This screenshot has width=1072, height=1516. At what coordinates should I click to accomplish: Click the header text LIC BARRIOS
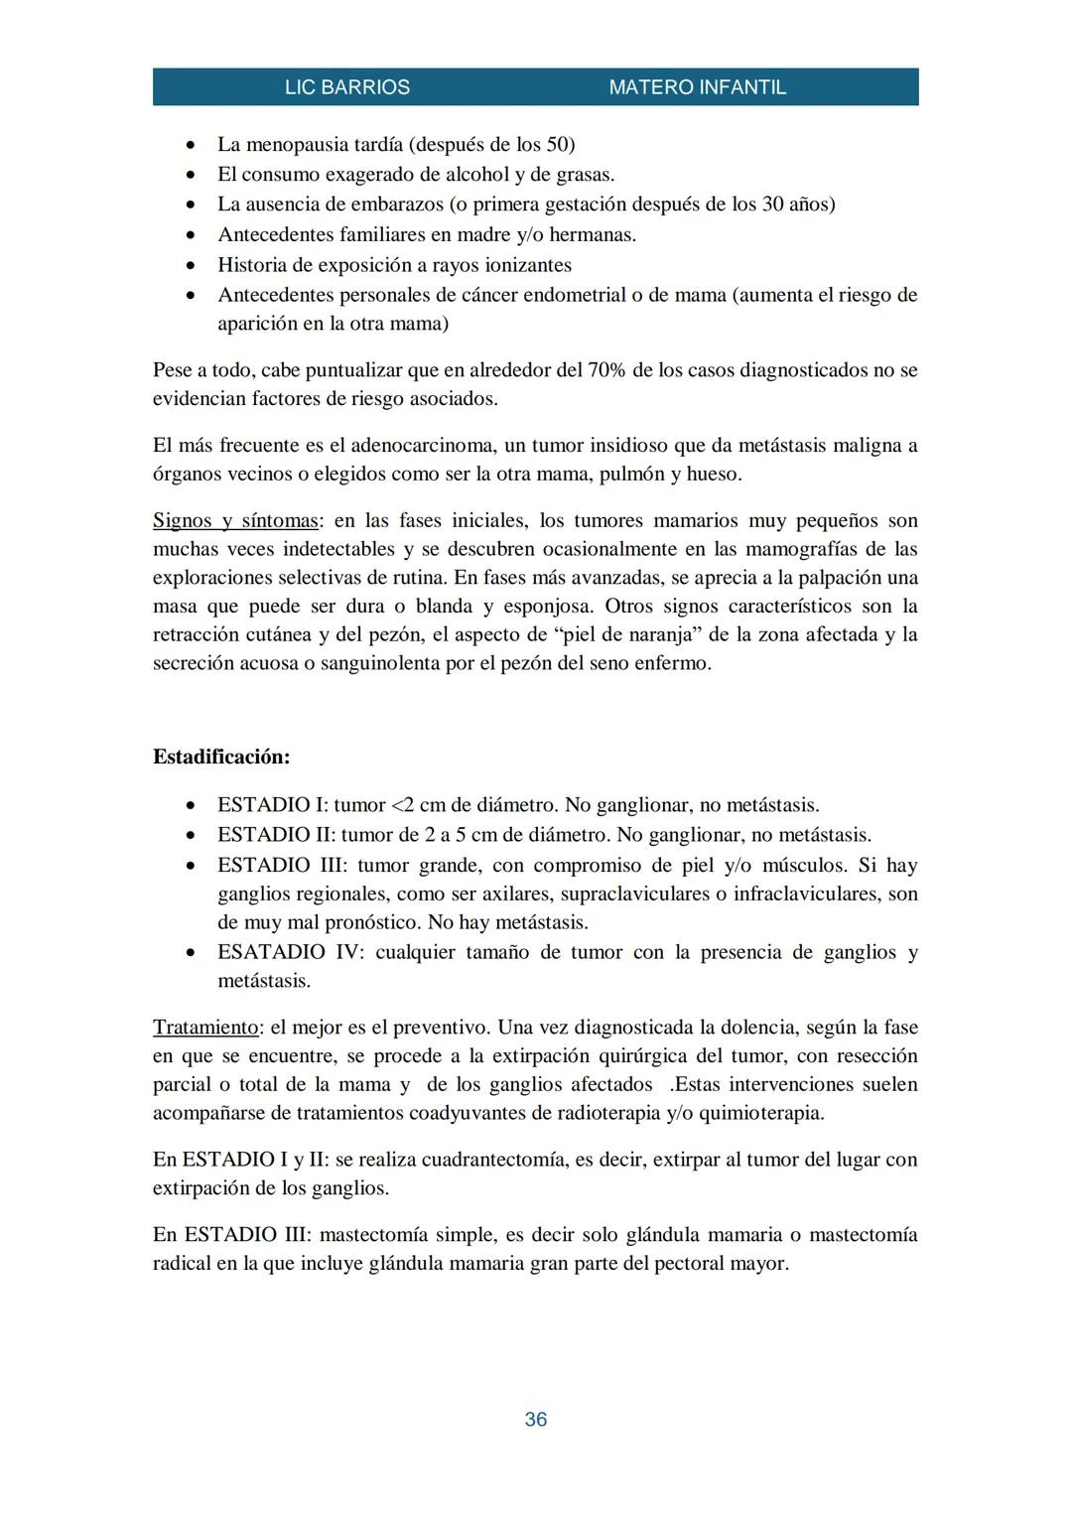click(346, 87)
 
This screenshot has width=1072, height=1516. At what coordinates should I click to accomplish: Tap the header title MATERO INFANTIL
click(697, 87)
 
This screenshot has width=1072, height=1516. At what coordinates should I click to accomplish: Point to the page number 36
click(535, 1420)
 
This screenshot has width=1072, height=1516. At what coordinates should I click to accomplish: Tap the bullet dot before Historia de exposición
click(192, 266)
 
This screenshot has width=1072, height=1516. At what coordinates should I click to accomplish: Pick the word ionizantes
click(522, 265)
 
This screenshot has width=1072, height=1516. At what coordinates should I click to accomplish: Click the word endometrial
click(574, 295)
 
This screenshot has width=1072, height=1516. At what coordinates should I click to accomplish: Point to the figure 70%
click(606, 370)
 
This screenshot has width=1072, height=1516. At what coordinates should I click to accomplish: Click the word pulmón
click(634, 474)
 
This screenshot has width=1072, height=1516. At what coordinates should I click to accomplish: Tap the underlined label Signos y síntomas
click(235, 520)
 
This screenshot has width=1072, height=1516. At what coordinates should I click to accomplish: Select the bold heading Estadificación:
click(221, 757)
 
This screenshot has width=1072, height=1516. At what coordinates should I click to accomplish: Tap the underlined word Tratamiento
click(204, 1027)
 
